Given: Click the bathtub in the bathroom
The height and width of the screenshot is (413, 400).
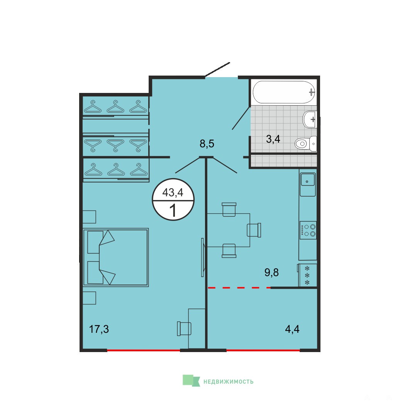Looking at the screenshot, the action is click(x=284, y=92).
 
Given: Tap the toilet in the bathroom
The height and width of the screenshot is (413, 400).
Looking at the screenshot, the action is click(x=306, y=144).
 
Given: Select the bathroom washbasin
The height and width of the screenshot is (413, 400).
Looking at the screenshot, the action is click(x=310, y=119).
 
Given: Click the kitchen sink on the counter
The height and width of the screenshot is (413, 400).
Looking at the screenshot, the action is click(x=307, y=181).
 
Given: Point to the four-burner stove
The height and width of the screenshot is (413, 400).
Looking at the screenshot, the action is click(x=308, y=230).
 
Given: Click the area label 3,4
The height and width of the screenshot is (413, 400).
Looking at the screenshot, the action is click(x=273, y=139).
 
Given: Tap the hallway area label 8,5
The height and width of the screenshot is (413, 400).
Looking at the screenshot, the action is click(x=207, y=144).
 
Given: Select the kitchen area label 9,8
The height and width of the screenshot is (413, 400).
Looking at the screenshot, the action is click(x=271, y=273).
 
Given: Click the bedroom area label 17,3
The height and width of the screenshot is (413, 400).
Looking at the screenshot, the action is click(x=99, y=329).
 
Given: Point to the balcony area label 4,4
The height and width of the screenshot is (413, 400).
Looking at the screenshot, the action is click(x=292, y=329).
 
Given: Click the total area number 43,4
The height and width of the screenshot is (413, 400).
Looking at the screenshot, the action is click(x=173, y=192).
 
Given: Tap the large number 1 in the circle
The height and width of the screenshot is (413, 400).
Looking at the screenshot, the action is click(x=173, y=211).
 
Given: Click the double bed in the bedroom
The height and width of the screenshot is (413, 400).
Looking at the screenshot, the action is click(x=116, y=257).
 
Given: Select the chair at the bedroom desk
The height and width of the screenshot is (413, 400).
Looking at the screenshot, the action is click(x=184, y=329).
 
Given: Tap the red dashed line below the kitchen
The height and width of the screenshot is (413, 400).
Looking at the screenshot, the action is click(x=239, y=288).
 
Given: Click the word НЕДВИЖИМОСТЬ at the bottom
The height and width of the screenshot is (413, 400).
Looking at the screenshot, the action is click(x=228, y=381).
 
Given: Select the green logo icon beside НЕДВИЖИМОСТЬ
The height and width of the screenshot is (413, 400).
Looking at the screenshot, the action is click(x=191, y=381).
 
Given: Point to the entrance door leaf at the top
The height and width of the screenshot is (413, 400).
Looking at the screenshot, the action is click(x=217, y=69).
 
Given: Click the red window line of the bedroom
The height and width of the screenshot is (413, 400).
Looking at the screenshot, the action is click(x=144, y=350).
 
